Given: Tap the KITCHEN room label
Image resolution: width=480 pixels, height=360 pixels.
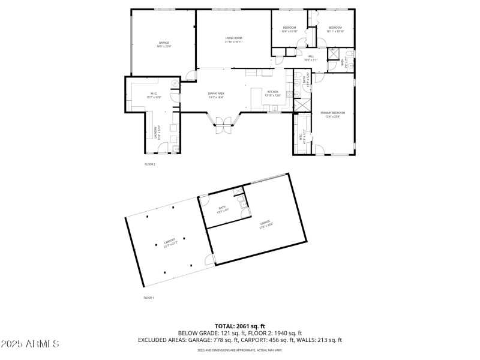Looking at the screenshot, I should (x=273, y=92).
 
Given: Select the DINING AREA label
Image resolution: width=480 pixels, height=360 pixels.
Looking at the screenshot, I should (x=216, y=94).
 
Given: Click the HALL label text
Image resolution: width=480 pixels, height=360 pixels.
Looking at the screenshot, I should (x=310, y=56).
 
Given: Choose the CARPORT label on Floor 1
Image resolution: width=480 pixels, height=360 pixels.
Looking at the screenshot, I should (x=169, y=241).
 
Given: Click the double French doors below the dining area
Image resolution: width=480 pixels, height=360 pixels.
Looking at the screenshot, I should (x=223, y=127).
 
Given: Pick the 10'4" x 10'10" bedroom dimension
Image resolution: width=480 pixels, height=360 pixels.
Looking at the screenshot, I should (x=290, y=31).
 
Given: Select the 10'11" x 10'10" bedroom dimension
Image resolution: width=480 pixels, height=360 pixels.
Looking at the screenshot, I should (x=335, y=31).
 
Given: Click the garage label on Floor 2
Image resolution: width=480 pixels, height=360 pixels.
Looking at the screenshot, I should (x=164, y=43).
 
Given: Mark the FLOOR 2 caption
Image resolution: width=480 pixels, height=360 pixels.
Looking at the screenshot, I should (x=149, y=164).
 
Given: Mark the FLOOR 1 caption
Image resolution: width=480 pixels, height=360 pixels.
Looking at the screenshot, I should (x=148, y=298).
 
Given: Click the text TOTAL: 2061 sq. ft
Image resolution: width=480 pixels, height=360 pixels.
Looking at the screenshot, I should (x=240, y=326).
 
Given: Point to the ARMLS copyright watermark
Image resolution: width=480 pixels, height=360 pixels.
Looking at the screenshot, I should (x=30, y=344).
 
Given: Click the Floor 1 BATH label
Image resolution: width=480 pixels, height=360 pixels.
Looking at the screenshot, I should (x=222, y=208).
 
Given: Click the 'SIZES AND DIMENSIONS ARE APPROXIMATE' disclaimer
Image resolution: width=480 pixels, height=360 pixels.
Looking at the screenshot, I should (x=240, y=350).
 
